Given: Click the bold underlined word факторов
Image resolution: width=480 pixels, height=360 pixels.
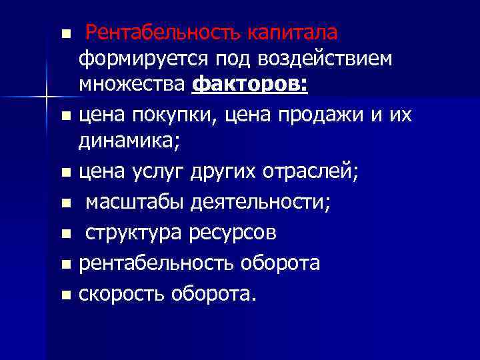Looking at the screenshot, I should tap(251, 87).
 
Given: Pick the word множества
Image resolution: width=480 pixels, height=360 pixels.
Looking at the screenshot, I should tap(133, 87).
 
